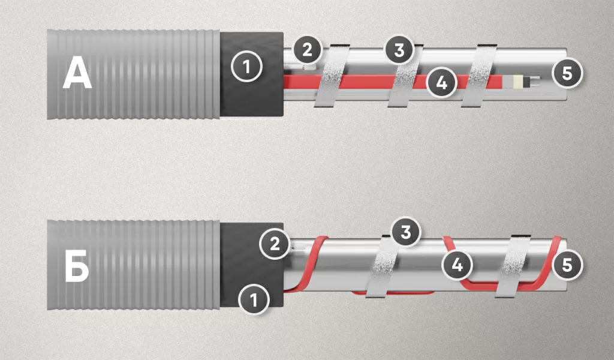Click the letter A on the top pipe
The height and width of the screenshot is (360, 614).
77,74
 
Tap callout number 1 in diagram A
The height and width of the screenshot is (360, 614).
246,67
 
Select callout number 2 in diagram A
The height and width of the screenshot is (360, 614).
307,50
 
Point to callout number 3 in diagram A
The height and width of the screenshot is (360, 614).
399,50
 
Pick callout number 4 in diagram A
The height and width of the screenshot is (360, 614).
441,83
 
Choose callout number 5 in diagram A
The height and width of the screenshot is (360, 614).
567,73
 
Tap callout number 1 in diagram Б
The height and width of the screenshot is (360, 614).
254,300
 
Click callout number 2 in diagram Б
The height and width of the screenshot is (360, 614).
275,244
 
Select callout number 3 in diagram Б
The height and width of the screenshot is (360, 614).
406,232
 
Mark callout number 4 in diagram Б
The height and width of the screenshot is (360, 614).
457,265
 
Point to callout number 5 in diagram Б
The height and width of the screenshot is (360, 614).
567,265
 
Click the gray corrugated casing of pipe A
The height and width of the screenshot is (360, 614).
133,74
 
